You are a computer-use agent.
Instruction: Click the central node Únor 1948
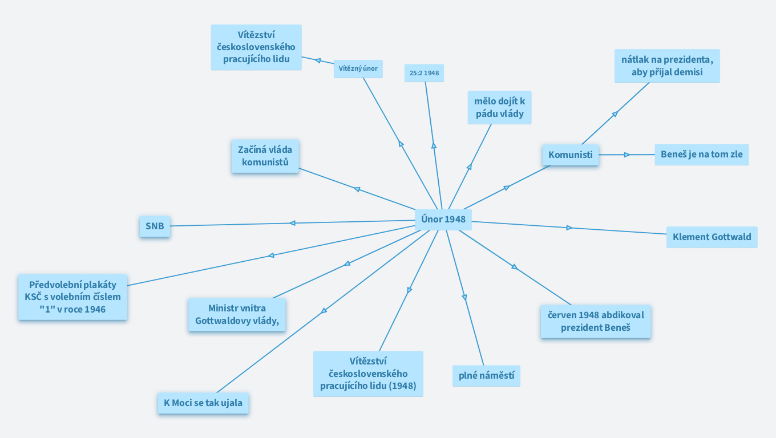pos(443,219)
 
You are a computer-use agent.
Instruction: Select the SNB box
pos(155,226)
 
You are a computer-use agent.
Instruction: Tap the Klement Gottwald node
pos(712,237)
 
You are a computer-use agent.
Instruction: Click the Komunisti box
pos(570,155)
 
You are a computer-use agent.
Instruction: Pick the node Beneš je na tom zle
pos(701,154)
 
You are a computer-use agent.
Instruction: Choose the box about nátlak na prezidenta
pos(666,66)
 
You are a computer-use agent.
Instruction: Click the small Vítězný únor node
pos(358,69)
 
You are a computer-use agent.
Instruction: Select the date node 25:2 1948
pos(424,73)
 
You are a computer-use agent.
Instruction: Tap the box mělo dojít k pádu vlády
pos(499,107)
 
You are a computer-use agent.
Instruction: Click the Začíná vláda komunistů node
pos(265,156)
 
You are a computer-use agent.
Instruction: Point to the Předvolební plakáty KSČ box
pos(72,297)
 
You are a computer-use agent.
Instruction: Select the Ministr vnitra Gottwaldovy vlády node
pos(237,314)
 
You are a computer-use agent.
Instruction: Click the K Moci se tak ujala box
pos(203,403)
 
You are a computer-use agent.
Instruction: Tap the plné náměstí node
pos(486,376)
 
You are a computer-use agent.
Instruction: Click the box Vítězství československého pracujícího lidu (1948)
pos(368,374)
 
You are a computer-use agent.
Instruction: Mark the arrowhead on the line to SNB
pos(292,223)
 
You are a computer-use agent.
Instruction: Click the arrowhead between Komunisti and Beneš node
pos(627,155)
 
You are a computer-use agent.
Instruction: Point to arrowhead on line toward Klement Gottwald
pos(569,228)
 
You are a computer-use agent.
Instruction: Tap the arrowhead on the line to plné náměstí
pos(464,297)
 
